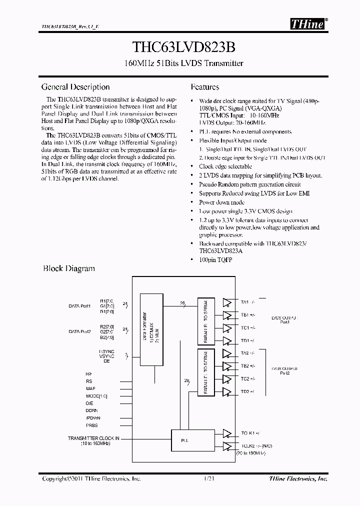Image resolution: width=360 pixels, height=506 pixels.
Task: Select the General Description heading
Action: point(75,87)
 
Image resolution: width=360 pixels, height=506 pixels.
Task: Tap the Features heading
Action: point(205,87)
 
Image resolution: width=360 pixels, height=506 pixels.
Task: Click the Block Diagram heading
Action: point(68,268)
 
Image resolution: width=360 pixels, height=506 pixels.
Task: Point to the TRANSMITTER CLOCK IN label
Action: point(93,438)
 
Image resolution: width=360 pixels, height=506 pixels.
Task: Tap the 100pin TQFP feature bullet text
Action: point(215,260)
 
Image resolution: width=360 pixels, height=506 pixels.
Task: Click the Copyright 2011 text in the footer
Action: point(91,478)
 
